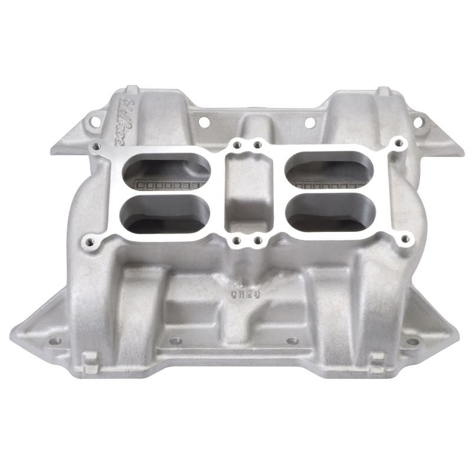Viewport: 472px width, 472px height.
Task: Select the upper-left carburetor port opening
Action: (x=167, y=169)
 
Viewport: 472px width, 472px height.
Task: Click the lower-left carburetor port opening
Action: (x=166, y=212)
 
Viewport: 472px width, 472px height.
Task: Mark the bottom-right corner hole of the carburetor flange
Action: (x=405, y=239)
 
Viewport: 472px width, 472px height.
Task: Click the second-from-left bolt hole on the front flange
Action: (x=175, y=341)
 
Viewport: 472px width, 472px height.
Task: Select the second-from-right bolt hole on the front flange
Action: (x=292, y=341)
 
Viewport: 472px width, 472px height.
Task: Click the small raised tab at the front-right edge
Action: (x=377, y=360)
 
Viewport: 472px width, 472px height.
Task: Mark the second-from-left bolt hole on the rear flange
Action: (x=204, y=123)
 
